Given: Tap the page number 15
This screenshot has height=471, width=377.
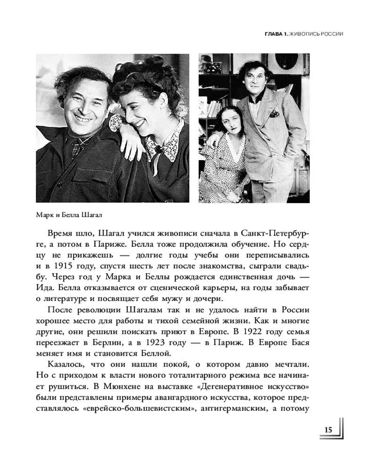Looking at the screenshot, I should point(328,430).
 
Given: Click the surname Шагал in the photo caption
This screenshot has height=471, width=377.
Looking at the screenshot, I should point(91,215).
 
